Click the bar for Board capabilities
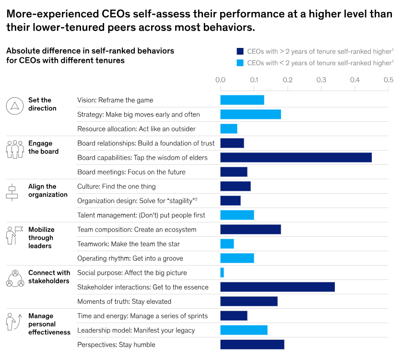pyautogui.click(x=296, y=157)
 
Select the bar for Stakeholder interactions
pyautogui.click(x=277, y=287)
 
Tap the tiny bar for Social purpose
pyautogui.click(x=222, y=272)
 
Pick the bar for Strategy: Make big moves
pyautogui.click(x=250, y=114)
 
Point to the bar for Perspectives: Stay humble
pyautogui.click(x=252, y=344)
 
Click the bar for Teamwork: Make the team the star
pyautogui.click(x=227, y=244)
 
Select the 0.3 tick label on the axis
pyautogui.click(x=321, y=80)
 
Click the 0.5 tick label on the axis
pyautogui.click(x=388, y=80)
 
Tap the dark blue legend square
pyautogui.click(x=239, y=51)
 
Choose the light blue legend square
pyautogui.click(x=239, y=62)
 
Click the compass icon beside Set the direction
pyautogui.click(x=14, y=105)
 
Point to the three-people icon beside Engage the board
pyautogui.click(x=14, y=149)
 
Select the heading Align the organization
pyautogui.click(x=48, y=190)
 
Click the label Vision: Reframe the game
pyautogui.click(x=115, y=100)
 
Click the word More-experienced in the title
pyautogui.click(x=47, y=14)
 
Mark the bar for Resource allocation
pyautogui.click(x=228, y=128)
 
